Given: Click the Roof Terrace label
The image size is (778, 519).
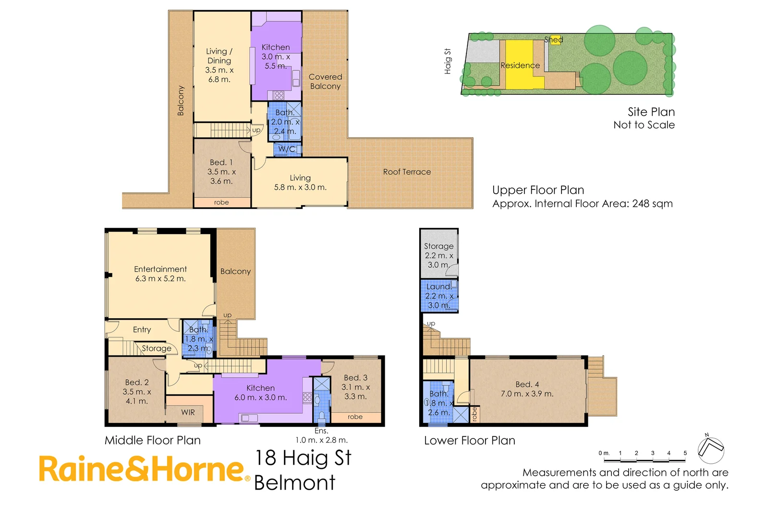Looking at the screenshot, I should pos(407,172).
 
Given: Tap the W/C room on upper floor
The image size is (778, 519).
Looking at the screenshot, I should pos(287,149).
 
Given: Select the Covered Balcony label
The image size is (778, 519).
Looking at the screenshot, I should pos(325,82).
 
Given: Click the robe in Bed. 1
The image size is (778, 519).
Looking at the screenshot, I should pos(221,203).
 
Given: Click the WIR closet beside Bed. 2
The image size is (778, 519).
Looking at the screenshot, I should pos(188,412).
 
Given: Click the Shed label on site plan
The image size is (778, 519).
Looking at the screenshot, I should pos(554,40).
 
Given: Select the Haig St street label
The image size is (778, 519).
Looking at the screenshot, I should pos(448,62).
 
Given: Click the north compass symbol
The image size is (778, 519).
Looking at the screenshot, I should pos(711,449).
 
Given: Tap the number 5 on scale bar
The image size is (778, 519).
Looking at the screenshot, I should pos(685,453).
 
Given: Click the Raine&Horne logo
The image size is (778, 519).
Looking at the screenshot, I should pos(143,470).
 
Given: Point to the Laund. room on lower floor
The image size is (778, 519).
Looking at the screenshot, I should pos(439,296).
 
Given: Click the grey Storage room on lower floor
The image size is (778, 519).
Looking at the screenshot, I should pos(438,255).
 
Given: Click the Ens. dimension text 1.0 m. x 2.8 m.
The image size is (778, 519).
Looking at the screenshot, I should pos(321,440).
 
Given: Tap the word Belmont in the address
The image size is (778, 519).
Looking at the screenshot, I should pos(294,483).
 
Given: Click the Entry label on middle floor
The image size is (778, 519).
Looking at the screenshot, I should pos(142,330).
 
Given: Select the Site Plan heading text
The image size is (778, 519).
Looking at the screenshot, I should pos(651,112).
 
